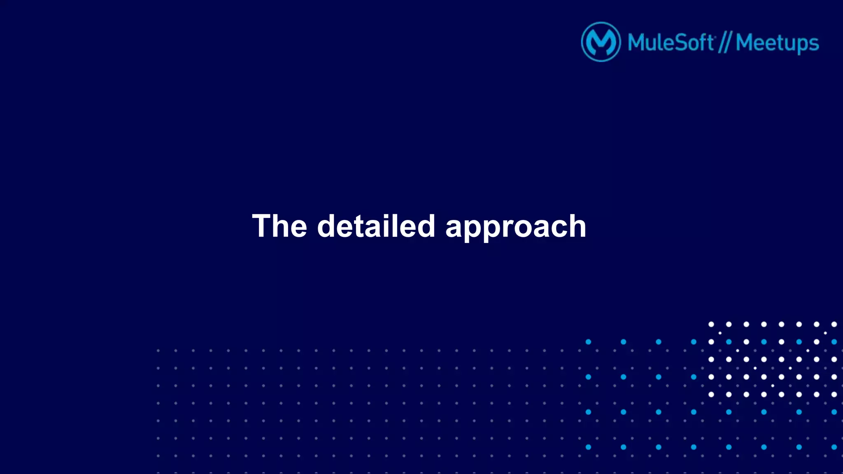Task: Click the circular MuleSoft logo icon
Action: tap(601, 42)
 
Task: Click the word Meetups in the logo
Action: tap(777, 44)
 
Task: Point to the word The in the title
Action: tap(279, 226)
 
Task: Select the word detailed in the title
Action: tap(376, 226)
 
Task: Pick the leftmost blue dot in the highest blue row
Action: tap(588, 342)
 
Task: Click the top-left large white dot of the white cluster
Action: tap(711, 324)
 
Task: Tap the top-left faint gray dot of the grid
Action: tap(158, 351)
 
